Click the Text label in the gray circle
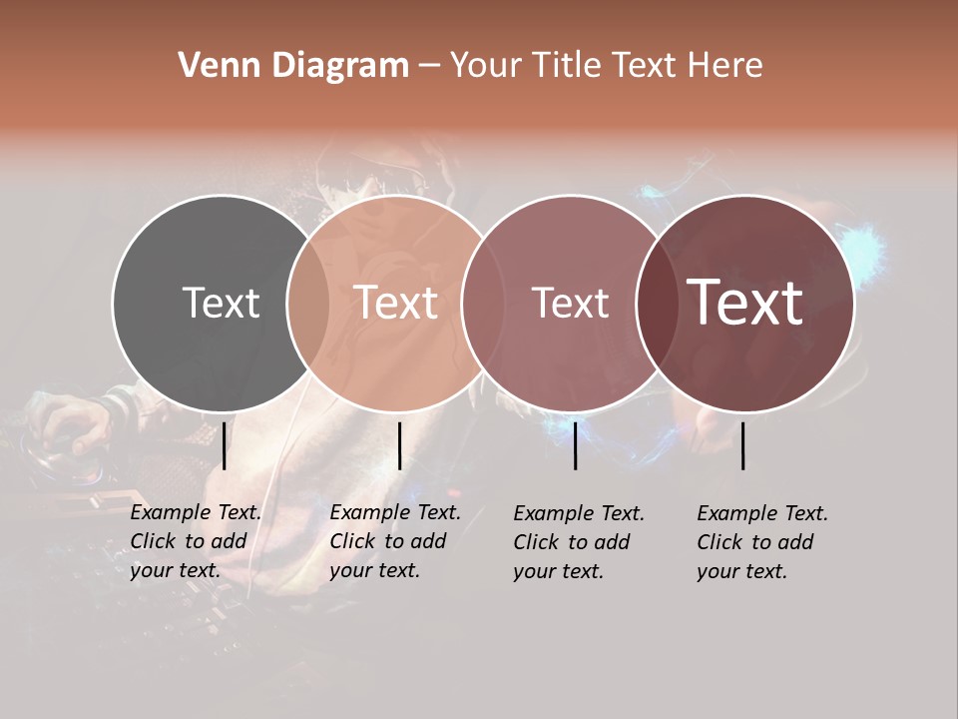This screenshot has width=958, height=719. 221,303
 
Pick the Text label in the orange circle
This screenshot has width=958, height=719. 396,303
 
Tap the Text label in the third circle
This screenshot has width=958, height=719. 570,303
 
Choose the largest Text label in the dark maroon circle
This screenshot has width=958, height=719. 745,303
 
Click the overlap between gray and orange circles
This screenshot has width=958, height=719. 308,304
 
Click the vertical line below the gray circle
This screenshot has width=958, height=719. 225,445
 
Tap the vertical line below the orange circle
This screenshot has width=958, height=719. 399,445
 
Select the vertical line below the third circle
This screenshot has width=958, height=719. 575,445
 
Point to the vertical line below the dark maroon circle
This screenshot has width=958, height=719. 743,445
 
